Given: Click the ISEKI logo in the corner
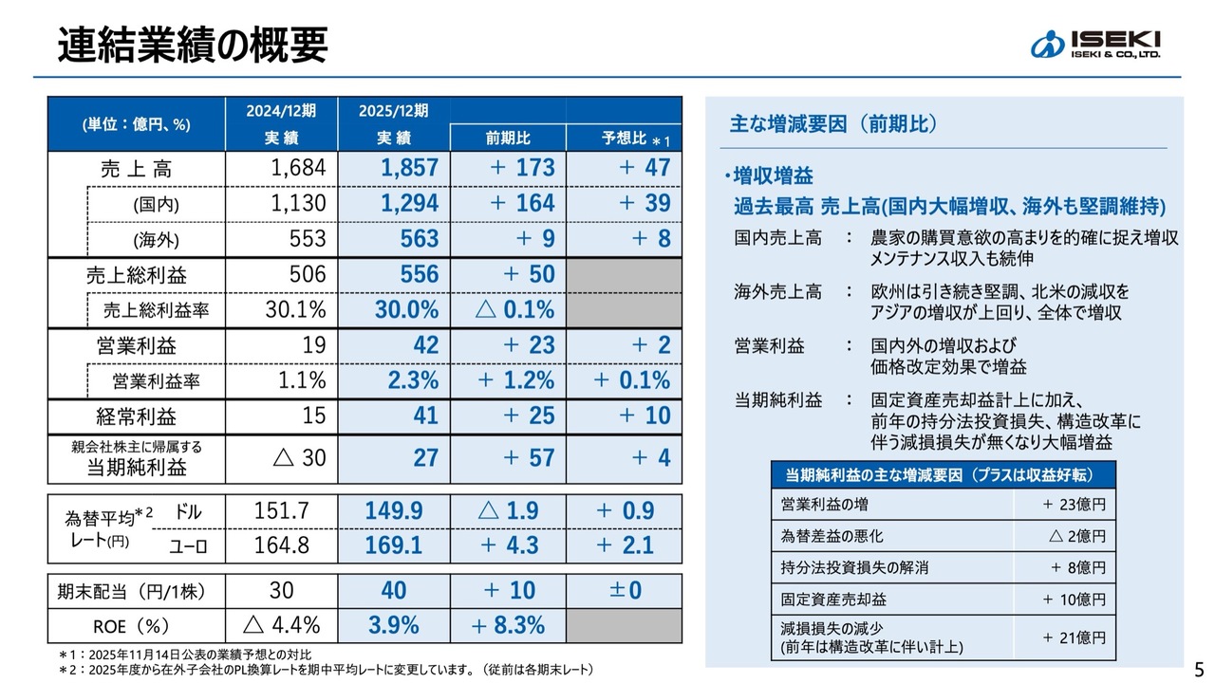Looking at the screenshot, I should [x=1096, y=44].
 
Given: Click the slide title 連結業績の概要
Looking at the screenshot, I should [x=193, y=43].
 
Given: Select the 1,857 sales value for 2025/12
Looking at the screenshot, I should [x=409, y=168].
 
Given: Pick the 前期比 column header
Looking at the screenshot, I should [x=508, y=138].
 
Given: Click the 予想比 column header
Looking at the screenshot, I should [x=623, y=138].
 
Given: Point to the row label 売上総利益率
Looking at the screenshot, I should [x=158, y=310].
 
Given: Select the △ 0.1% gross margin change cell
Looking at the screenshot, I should [x=515, y=310].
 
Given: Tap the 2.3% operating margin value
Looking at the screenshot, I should [x=413, y=380].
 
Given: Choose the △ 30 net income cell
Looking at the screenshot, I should [x=299, y=458].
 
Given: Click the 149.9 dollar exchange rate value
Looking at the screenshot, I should [x=393, y=511].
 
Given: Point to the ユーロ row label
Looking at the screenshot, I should [x=188, y=545].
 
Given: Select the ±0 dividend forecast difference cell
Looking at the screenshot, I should [x=625, y=590].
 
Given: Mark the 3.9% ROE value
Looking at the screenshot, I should [x=393, y=625].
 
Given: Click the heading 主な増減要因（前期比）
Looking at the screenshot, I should [x=832, y=123].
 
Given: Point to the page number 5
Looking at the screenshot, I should [x=1198, y=666].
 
